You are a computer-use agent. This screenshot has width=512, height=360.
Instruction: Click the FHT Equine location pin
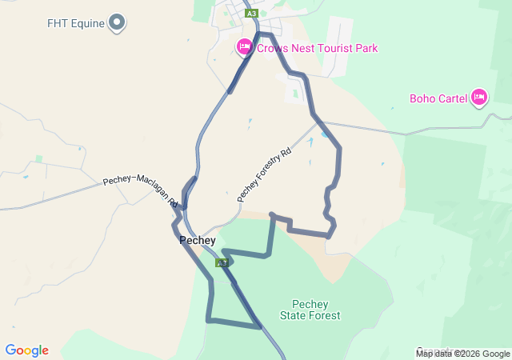117,22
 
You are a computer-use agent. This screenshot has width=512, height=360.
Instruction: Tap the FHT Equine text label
76,23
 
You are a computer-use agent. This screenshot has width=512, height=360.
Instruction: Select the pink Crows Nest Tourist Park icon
245,48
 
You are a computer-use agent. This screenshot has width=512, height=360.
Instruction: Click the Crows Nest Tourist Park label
317,48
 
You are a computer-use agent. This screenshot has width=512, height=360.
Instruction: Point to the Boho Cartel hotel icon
479,98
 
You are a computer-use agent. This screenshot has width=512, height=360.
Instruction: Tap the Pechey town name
198,240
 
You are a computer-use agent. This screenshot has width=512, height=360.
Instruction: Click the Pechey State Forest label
310,310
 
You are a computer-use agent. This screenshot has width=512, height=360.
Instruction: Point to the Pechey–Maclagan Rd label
141,191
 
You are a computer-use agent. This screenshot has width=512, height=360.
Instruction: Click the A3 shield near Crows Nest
252,14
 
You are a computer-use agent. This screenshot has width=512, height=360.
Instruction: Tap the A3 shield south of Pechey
222,262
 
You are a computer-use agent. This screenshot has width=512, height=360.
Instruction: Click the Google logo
26,350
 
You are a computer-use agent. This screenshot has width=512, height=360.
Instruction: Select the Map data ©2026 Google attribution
462,354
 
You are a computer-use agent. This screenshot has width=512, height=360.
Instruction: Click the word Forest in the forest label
324,315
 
